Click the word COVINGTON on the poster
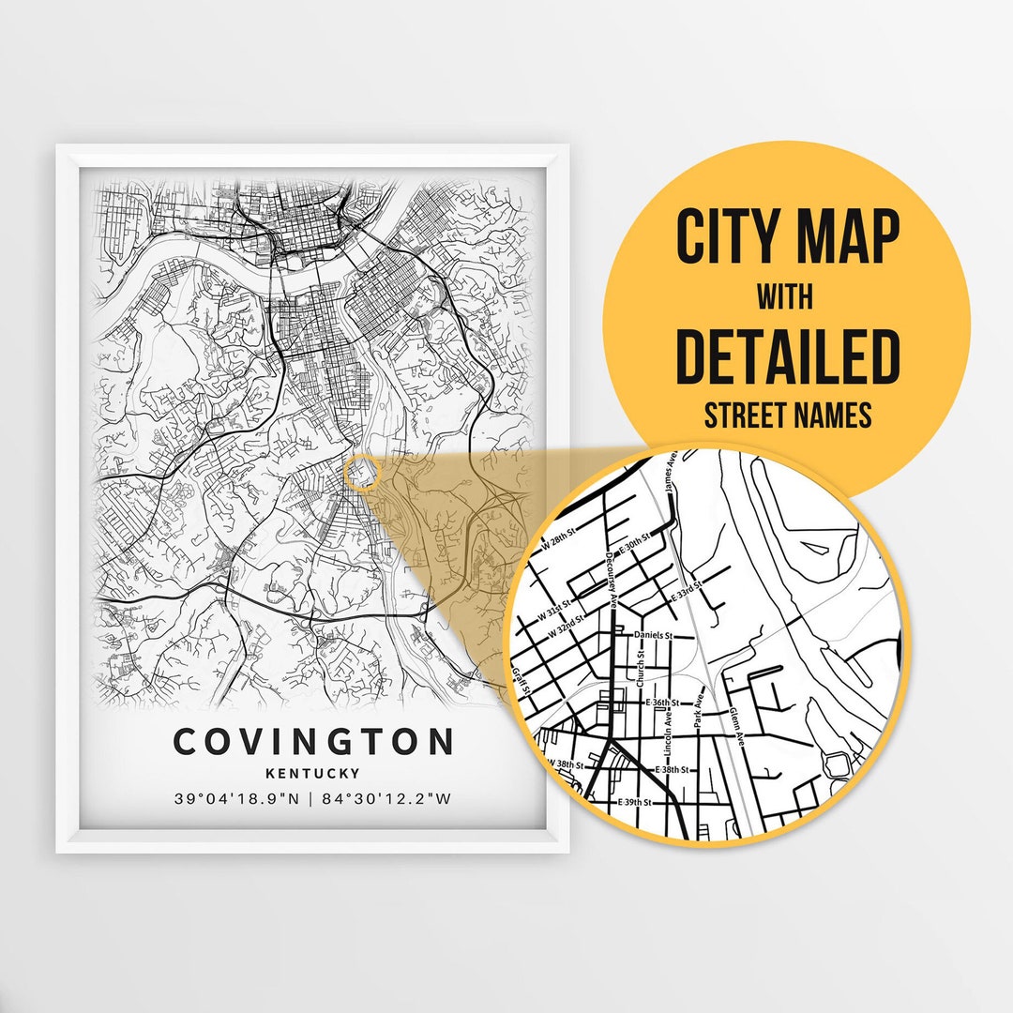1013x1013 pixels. click(x=313, y=741)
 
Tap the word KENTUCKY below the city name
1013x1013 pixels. click(x=312, y=774)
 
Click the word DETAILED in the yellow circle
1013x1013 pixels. click(x=787, y=356)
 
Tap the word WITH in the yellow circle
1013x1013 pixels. click(x=786, y=297)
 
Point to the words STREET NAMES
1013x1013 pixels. click(x=787, y=416)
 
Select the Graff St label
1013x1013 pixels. click(x=522, y=682)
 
